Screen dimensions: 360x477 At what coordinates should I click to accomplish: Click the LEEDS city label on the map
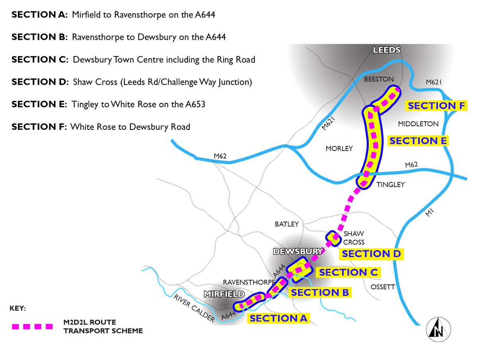point(386,50)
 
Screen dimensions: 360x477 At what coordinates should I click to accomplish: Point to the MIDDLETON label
point(418,124)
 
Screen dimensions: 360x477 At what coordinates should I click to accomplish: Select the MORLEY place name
point(339,148)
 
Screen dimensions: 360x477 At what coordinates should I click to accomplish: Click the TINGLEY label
point(390,184)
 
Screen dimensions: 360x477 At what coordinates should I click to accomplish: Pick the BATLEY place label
point(286,224)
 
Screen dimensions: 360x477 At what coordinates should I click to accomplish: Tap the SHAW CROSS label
point(354,238)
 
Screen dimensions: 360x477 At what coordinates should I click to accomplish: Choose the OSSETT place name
point(383,287)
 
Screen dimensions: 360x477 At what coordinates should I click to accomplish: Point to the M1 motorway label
point(428,213)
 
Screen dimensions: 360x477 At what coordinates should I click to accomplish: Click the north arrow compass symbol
point(438,329)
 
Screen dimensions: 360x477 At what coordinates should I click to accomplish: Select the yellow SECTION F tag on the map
point(436,106)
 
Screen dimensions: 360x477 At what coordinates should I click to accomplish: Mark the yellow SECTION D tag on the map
point(370,254)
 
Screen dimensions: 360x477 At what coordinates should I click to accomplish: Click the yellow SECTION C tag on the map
point(348,272)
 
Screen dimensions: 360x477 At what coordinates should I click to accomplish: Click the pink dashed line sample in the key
point(32,327)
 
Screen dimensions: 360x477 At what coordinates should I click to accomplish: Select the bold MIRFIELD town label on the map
point(223,294)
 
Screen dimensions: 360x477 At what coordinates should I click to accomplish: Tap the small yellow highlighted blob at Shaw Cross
point(333,238)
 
